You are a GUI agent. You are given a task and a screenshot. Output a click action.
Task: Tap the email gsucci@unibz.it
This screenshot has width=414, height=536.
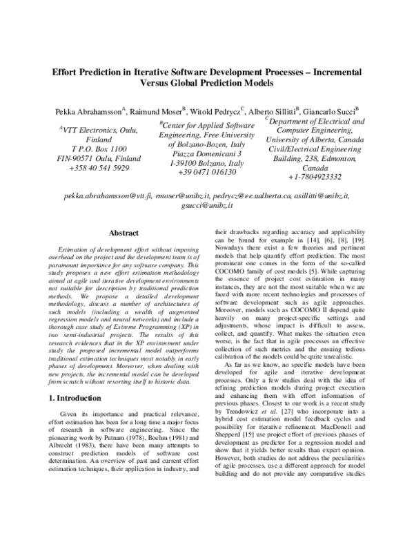pos(207,206)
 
